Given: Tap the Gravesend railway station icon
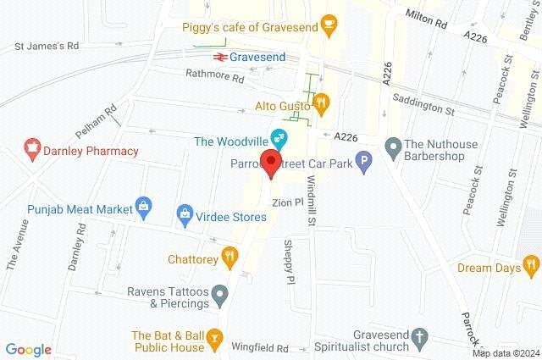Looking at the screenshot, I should tap(218, 57).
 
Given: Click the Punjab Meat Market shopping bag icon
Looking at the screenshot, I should tap(145, 206).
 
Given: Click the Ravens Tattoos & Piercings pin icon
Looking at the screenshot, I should tap(221, 296).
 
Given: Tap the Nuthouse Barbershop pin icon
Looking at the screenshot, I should tap(393, 147).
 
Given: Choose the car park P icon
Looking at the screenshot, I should tap(363, 161).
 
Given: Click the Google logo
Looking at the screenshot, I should tap(28, 349).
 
